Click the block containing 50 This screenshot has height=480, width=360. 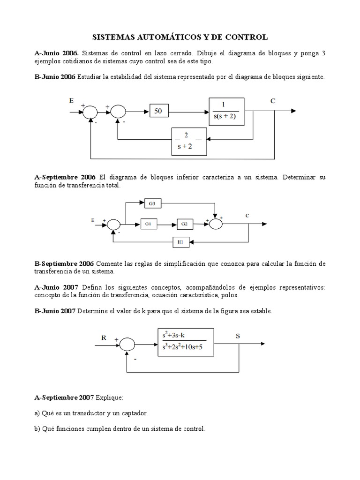pos(158,112)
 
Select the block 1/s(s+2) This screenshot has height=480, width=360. pos(226,112)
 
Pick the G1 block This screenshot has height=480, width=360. pos(148,225)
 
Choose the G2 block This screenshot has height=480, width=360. pos(184,225)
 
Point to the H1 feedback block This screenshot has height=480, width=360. pos(180,242)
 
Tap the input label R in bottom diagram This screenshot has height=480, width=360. pos(104,337)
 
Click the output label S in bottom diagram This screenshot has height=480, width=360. pos(238,336)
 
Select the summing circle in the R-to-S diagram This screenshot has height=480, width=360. pos(127,345)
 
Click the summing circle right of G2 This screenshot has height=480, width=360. pos(216,225)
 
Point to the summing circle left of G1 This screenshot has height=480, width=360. pos(114,225)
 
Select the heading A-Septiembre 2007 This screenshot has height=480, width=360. pos(65,397)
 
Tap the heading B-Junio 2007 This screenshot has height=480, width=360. pos(55,311)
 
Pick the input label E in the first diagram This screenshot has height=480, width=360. pos(71,100)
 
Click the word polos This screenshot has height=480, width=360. pos(229,295)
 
